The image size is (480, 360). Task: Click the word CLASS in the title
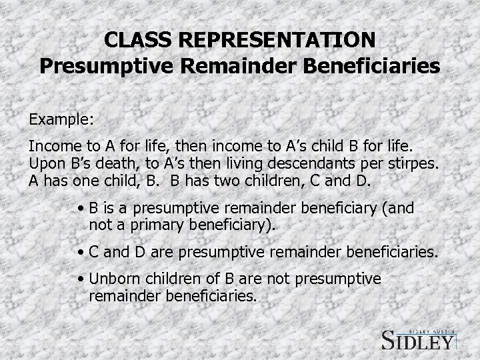134,41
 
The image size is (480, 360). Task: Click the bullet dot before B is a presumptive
80,209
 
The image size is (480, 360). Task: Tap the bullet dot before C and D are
80,253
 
